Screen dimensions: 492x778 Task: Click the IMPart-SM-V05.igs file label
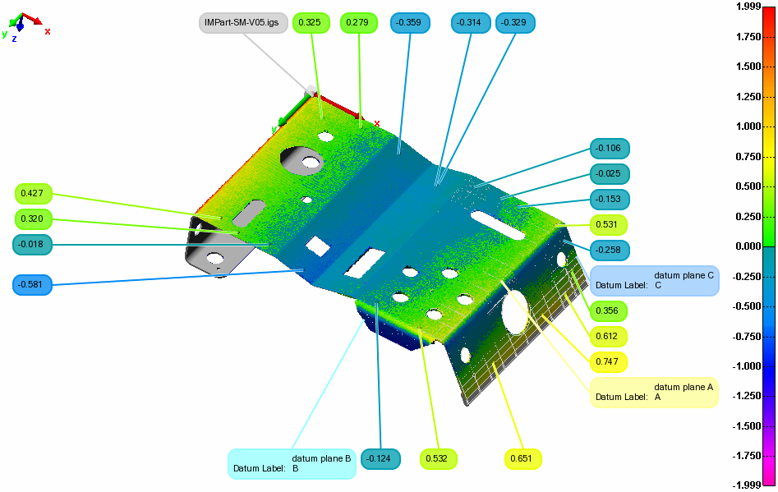coord(243,23)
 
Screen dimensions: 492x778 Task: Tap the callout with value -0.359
coord(411,23)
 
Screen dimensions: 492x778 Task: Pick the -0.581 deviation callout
coord(34,285)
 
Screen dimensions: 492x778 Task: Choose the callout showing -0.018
coord(34,244)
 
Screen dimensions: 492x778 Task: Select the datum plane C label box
coord(654,280)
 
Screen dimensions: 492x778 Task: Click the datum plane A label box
coord(654,392)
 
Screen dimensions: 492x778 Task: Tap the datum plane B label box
coord(292,463)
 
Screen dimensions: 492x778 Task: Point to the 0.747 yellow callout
coord(608,361)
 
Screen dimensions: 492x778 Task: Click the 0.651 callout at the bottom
coord(523,458)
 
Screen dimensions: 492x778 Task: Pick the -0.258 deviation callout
coord(608,249)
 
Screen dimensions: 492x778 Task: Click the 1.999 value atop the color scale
coord(748,7)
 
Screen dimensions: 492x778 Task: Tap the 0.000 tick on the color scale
coord(748,246)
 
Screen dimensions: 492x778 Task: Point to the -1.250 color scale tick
coord(748,396)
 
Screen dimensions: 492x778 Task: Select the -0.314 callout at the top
coord(471,23)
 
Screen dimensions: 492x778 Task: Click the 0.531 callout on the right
coord(608,224)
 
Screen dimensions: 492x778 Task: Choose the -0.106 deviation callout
coord(610,149)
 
